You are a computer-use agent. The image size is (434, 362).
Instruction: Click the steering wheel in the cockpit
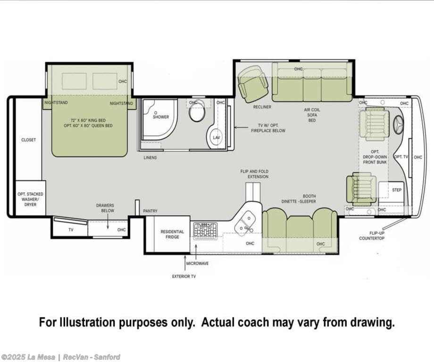(x=398, y=125)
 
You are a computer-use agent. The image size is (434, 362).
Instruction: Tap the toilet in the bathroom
(x=197, y=111)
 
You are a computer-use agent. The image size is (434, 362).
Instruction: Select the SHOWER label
(x=161, y=117)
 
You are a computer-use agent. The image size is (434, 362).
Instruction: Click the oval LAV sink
(x=215, y=137)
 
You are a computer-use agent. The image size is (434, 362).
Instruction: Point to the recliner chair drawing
(x=253, y=84)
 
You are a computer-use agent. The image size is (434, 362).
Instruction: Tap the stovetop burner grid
(x=205, y=231)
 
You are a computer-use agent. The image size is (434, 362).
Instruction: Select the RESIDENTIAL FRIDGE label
(x=172, y=234)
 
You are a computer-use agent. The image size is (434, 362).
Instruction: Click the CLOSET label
(x=28, y=140)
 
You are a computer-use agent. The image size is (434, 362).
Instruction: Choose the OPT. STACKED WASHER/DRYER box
(x=31, y=198)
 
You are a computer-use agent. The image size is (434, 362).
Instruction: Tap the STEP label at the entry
(x=397, y=190)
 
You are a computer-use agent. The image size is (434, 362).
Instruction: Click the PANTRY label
(x=150, y=211)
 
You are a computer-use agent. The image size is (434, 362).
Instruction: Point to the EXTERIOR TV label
(x=184, y=277)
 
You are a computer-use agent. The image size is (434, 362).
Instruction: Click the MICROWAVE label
(x=197, y=263)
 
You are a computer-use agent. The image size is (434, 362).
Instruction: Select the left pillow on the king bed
(x=74, y=81)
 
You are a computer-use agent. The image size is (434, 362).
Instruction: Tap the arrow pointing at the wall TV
(x=242, y=128)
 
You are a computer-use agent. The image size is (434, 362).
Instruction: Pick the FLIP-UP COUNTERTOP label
(x=372, y=236)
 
